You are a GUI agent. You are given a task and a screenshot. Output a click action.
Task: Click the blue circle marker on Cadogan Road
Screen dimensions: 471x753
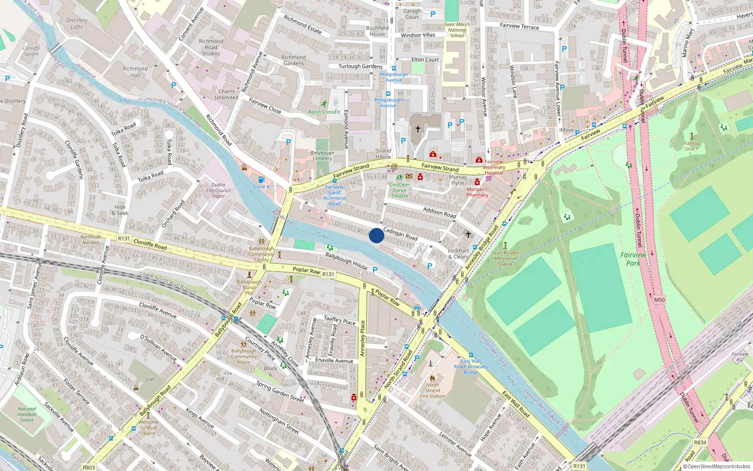click(376, 235)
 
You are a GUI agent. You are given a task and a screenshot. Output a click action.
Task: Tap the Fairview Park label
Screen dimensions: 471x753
click(633, 259)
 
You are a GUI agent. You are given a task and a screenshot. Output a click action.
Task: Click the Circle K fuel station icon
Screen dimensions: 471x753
click(262, 179)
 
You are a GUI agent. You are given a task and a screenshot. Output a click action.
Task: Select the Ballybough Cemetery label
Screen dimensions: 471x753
click(322, 156)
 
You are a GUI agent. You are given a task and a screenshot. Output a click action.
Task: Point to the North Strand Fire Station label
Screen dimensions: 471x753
click(433, 390)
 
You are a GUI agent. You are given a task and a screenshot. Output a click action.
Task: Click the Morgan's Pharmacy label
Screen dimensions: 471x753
click(477, 192)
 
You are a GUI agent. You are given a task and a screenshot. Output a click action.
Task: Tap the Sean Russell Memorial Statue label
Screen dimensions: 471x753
click(505, 258)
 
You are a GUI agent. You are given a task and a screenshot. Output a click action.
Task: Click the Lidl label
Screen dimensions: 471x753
click(150, 379)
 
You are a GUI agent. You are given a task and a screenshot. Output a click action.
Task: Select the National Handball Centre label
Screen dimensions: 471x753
click(27, 414)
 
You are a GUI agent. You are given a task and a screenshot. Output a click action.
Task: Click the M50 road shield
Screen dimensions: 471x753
click(659, 300)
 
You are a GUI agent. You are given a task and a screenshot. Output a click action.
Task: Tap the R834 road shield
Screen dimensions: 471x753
click(700, 442)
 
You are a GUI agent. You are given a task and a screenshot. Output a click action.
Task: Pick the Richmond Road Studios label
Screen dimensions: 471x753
click(211, 47)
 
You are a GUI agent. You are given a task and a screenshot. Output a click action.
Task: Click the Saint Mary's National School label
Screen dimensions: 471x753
click(457, 30)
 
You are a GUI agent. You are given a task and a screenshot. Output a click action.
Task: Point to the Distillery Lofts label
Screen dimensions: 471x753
click(77, 24)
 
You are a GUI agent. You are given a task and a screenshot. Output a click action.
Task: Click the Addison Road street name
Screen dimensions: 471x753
click(440, 212)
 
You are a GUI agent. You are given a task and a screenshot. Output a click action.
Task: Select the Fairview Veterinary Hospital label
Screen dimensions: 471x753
click(494, 167)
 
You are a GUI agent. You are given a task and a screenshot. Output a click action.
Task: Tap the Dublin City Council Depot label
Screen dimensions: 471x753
click(218, 191)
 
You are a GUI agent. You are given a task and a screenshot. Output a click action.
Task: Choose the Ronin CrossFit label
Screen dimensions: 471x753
click(324, 112)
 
